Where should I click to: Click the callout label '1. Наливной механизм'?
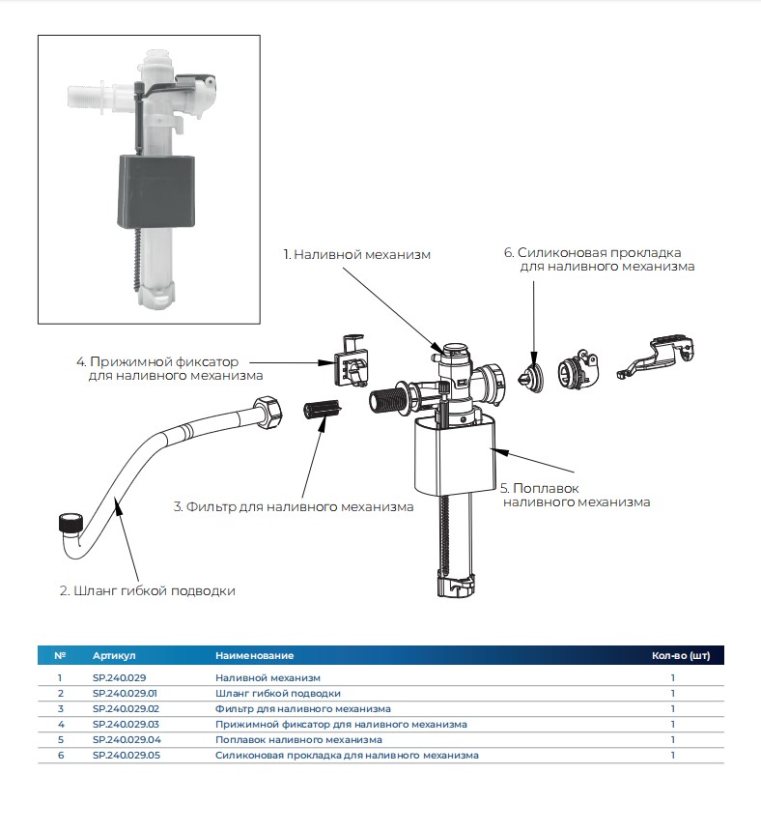356,255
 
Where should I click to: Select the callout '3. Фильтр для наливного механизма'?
294,506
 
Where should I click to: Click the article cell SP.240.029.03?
126,724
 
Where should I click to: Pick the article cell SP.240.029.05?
126,755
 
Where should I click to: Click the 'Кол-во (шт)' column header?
681,656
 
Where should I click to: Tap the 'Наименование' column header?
254,656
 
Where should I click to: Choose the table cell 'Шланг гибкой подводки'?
278,693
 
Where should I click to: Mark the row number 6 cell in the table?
60,755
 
